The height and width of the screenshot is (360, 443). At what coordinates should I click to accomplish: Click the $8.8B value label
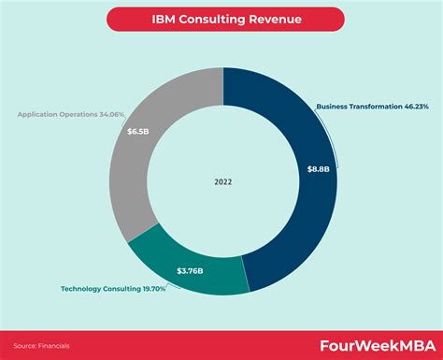(x=318, y=169)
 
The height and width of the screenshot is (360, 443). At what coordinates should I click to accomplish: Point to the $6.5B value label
(x=137, y=132)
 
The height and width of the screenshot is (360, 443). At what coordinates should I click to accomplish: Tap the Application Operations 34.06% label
(x=70, y=115)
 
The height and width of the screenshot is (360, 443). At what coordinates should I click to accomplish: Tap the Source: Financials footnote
(x=44, y=345)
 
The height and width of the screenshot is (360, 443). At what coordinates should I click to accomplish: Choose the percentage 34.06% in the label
(x=109, y=115)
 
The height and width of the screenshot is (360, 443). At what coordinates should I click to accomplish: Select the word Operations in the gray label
(x=72, y=115)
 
